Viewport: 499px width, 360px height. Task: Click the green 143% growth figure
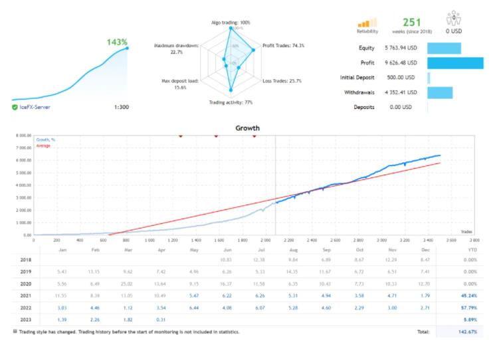116,42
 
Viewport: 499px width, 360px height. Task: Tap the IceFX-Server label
35,106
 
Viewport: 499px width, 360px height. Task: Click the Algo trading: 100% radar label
231,23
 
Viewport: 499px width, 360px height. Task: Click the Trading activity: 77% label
231,102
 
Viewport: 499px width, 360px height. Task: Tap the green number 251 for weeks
412,22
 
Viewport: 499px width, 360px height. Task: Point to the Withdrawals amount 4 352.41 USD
401,92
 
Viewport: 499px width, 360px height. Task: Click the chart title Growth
249,128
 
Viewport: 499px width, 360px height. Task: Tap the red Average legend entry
43,146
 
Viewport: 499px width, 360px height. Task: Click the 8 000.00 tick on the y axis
18,135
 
